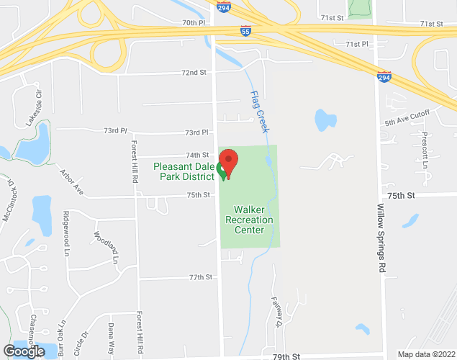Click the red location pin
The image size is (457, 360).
coord(228,161)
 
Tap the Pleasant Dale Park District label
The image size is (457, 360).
coord(184,172)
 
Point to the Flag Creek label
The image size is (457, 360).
coord(259,112)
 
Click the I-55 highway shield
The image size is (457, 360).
coord(246,32)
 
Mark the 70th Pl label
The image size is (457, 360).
coord(193,23)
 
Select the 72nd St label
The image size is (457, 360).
coord(194,73)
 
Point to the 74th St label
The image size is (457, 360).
coord(196,155)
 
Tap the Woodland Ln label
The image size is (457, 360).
coord(105,246)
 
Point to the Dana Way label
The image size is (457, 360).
coord(111,336)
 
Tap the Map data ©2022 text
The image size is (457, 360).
coord(426,354)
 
